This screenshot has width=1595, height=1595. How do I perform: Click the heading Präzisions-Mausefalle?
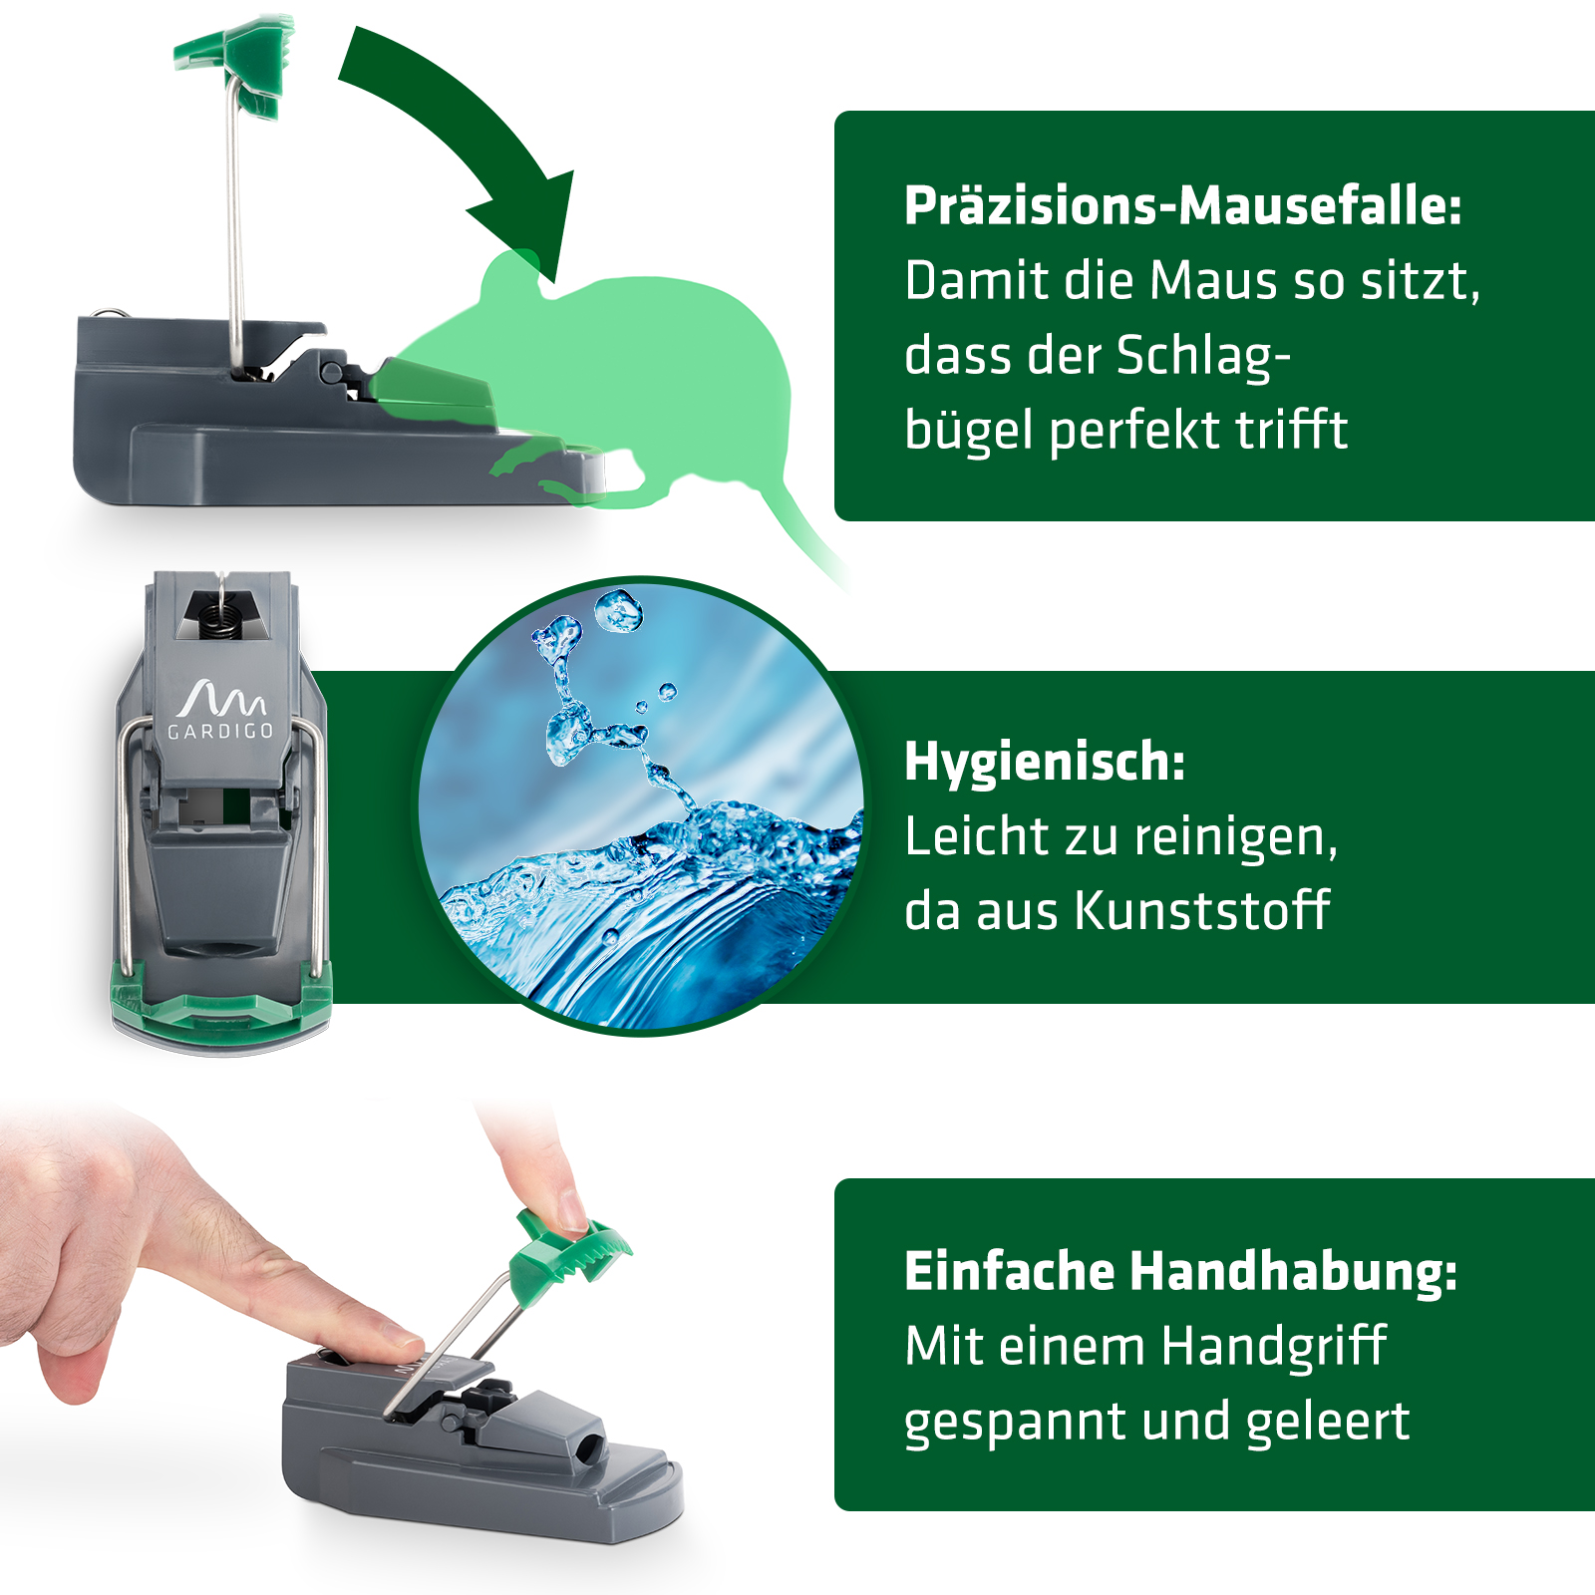[x=1182, y=206]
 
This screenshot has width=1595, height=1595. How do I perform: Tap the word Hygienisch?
[x=1045, y=763]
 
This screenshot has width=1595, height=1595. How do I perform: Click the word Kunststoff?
[x=1203, y=910]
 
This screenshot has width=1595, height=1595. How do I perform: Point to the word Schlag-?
[x=1202, y=356]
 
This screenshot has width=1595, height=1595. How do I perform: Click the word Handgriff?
[x=1274, y=1347]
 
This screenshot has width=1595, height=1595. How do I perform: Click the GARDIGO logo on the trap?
[x=220, y=710]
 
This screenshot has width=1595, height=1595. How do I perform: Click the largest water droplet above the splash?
[x=618, y=610]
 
